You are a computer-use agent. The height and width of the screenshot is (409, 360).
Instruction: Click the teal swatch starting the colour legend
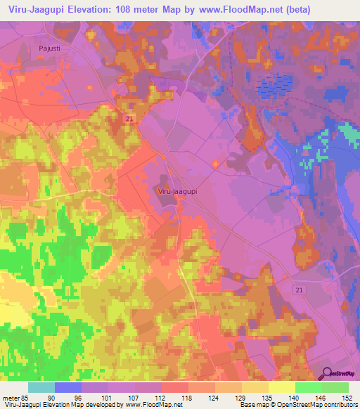(x=41, y=387)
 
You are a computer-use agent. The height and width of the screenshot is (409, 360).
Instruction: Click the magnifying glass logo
(x=328, y=373)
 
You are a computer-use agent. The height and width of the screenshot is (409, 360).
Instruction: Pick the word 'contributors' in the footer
(x=338, y=405)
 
